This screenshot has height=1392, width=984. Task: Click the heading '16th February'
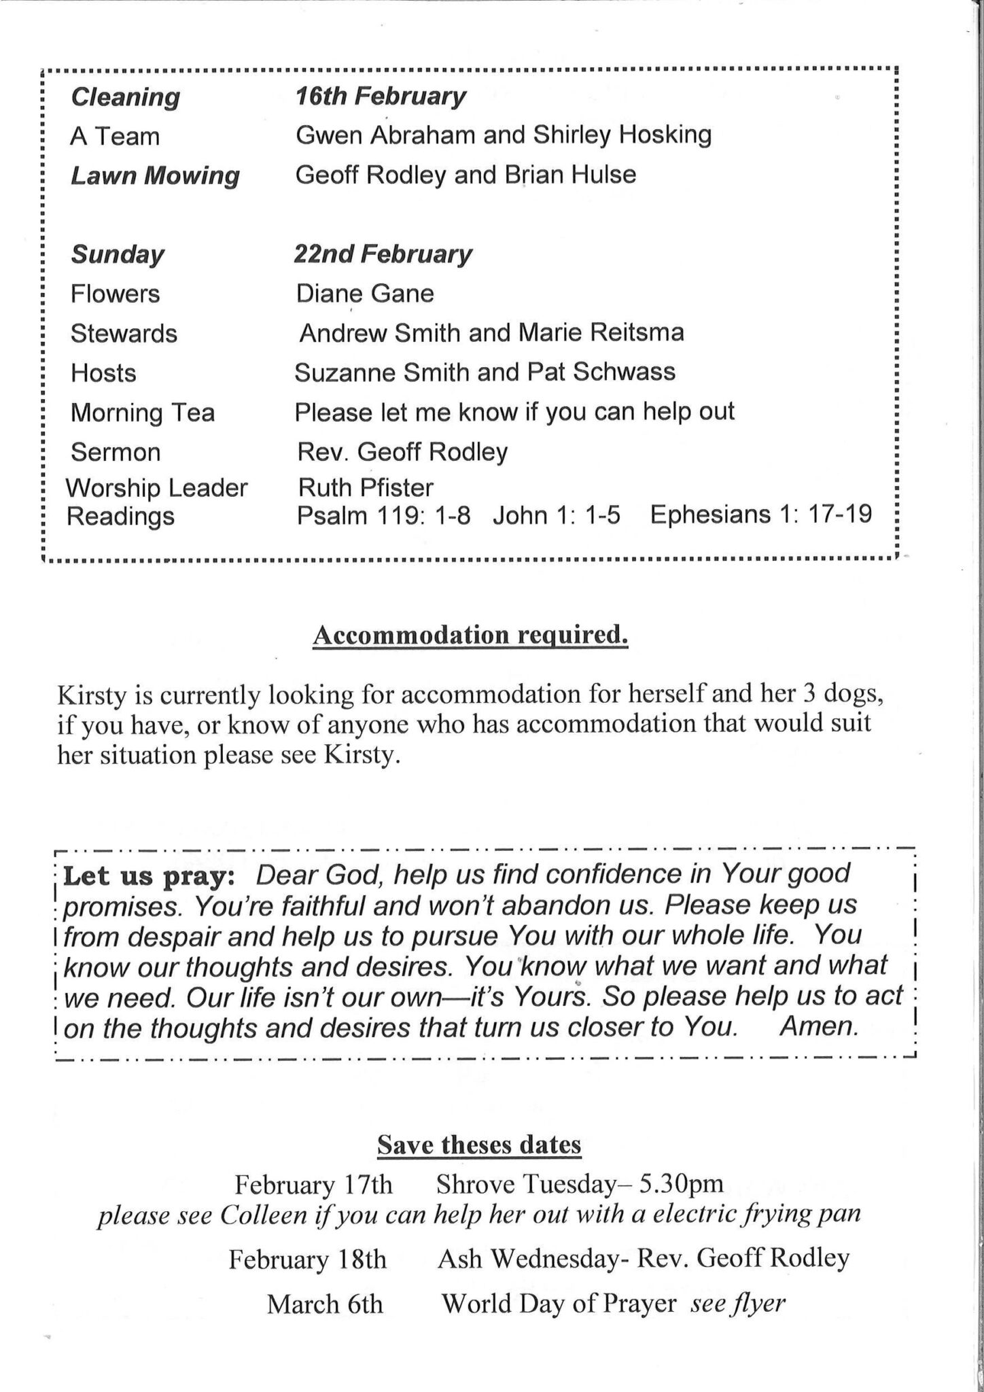380,97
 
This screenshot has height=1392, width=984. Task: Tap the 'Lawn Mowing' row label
155,175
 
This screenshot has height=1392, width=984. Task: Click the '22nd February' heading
383,254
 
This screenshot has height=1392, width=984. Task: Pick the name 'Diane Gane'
364,294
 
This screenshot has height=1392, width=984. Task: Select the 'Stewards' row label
124,334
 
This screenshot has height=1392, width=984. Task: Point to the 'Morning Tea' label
142,413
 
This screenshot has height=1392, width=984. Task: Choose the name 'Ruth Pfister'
365,487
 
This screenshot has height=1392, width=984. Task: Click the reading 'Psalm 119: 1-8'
383,515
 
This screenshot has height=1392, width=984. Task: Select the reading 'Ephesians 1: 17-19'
760,514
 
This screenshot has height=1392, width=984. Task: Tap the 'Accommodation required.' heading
470,635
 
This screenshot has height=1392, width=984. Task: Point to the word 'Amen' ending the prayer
818,1026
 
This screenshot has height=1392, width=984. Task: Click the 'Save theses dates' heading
479,1145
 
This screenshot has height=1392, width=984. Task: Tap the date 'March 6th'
325,1304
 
